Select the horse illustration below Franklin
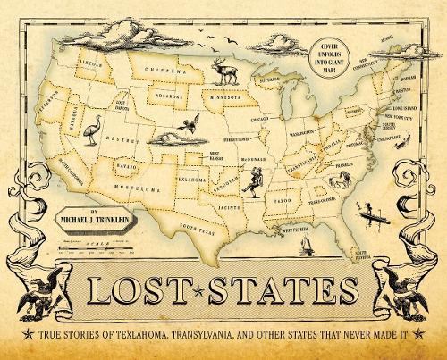click(338, 181)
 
